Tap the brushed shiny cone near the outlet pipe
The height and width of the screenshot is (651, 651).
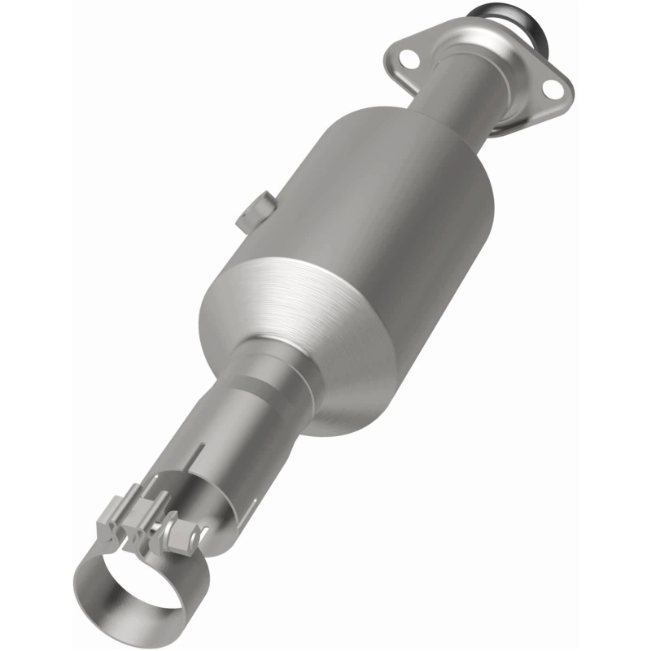tap(269, 301)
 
